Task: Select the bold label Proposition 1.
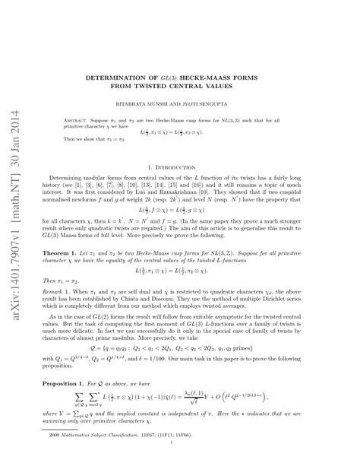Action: (74, 384)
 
